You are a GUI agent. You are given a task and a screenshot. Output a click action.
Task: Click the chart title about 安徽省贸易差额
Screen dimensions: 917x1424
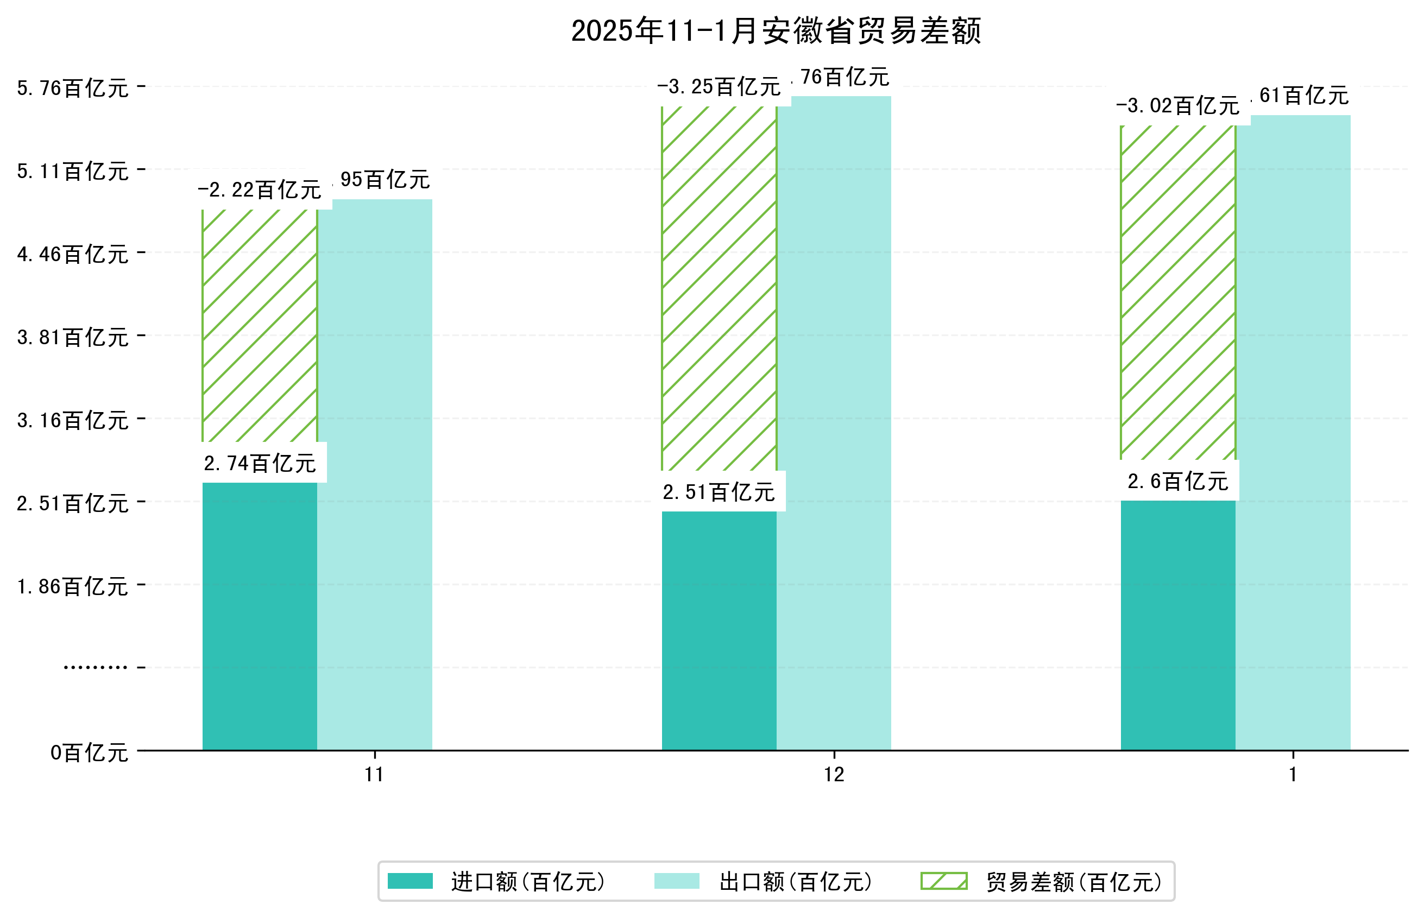(776, 31)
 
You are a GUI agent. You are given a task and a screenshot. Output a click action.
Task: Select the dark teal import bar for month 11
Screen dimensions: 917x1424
(260, 616)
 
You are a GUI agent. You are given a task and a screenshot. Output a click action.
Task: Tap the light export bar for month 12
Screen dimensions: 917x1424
(834, 423)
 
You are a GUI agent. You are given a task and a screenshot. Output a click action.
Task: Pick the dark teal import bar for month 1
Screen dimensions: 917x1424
(1177, 625)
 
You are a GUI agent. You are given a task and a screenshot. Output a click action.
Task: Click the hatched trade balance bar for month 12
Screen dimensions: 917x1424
(719, 288)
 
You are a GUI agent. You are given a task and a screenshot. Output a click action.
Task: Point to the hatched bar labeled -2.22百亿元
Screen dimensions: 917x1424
(260, 325)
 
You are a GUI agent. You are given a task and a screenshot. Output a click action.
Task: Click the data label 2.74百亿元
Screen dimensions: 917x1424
(260, 463)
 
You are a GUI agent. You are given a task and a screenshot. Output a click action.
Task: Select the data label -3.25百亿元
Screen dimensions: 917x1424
(719, 87)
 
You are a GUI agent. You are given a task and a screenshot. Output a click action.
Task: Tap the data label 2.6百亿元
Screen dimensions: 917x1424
(1177, 481)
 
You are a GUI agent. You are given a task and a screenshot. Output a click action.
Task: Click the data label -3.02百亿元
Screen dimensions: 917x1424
(1177, 106)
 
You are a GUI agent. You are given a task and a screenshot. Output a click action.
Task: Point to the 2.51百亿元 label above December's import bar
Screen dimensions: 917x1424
(719, 492)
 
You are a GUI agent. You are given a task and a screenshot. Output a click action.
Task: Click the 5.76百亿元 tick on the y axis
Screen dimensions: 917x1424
(73, 88)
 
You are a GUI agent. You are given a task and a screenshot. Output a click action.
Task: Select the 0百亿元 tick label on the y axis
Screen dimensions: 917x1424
(89, 752)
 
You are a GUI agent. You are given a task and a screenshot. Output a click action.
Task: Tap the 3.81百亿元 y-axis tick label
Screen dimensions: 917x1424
(73, 338)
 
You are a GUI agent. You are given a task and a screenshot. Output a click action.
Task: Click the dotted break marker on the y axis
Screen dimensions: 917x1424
(95, 667)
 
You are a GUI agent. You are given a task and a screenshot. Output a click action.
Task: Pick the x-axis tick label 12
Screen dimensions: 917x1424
(834, 775)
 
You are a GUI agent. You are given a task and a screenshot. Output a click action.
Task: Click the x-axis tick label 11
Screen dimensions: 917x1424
(374, 775)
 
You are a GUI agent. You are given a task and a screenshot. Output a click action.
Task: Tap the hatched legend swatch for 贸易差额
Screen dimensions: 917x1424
(943, 881)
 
